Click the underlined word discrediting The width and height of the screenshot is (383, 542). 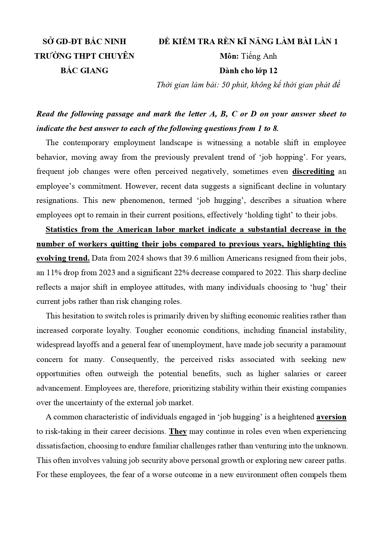point(313,171)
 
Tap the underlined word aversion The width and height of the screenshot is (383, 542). point(331,417)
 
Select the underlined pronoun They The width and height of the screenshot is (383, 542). point(178,431)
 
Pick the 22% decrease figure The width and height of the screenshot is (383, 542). point(206,273)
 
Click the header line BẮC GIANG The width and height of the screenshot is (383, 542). point(84,70)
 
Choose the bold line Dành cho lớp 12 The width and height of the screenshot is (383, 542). point(248,70)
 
